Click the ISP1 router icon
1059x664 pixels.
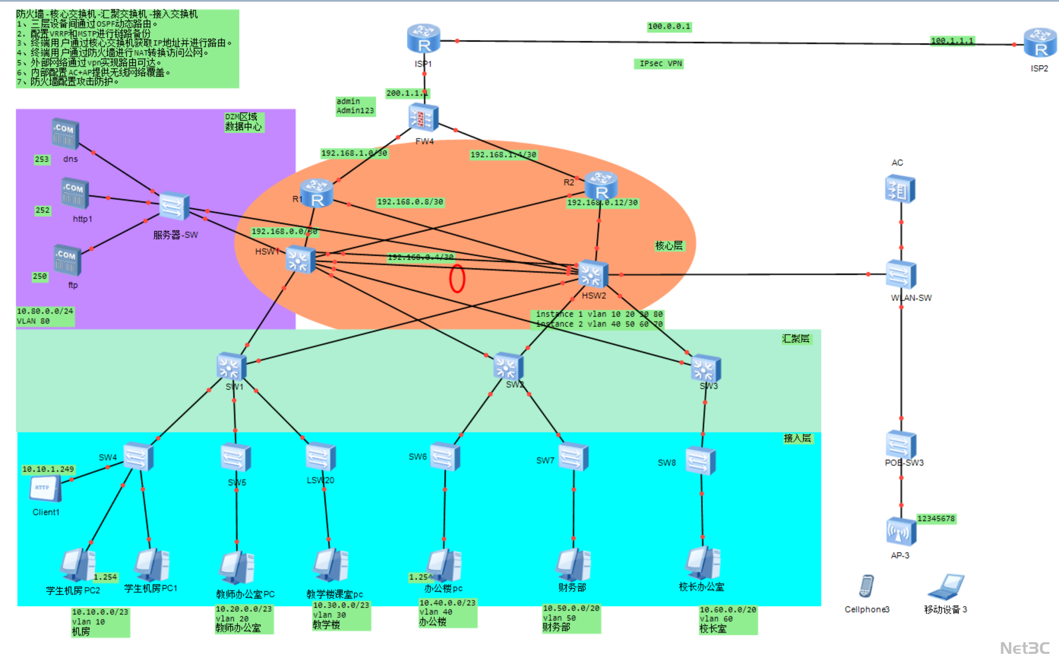click(x=423, y=38)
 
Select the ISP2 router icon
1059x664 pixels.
click(x=1040, y=43)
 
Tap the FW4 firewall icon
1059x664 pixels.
click(x=423, y=118)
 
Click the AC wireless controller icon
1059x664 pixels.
click(x=900, y=189)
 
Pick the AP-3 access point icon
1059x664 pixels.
click(x=900, y=532)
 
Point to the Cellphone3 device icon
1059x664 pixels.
click(x=866, y=587)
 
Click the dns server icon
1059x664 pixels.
click(x=65, y=134)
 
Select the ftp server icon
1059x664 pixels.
click(x=67, y=260)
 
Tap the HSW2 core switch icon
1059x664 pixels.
click(x=593, y=274)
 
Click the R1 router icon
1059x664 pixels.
click(x=317, y=193)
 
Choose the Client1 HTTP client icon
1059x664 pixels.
click(x=46, y=489)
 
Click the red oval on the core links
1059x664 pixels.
click(x=457, y=279)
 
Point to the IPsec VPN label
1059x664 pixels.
click(x=660, y=64)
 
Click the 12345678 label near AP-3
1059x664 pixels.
click(x=936, y=519)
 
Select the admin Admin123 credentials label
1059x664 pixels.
click(x=355, y=106)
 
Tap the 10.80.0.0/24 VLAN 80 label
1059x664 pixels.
click(x=45, y=316)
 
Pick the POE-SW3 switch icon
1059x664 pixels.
click(x=900, y=445)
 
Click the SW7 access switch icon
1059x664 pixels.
click(x=573, y=456)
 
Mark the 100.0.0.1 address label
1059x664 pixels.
click(x=669, y=26)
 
